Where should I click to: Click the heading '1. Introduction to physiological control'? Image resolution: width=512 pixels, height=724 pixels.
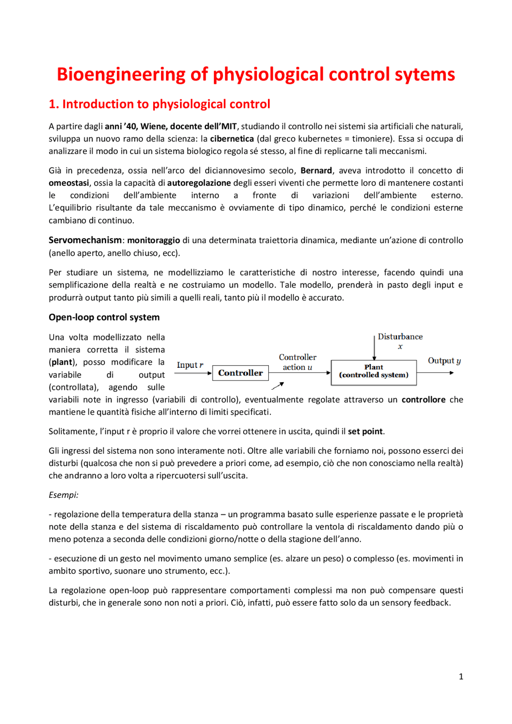(x=159, y=104)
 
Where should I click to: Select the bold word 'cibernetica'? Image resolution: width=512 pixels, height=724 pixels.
(x=232, y=139)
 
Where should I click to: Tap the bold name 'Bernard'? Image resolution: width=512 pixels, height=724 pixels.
(x=316, y=170)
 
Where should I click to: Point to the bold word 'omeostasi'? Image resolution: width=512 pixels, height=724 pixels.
(x=69, y=183)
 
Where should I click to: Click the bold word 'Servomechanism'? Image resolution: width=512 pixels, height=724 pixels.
(x=85, y=240)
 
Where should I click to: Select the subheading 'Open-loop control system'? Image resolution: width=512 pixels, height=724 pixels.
(x=104, y=317)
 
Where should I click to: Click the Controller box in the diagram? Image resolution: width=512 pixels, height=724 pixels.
(x=240, y=373)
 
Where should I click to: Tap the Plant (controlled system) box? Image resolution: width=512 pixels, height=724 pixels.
(x=374, y=372)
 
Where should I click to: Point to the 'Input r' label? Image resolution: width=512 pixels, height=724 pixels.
(x=190, y=365)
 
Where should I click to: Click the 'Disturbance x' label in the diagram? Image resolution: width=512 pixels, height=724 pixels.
(x=400, y=341)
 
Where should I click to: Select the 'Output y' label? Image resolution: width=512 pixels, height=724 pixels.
(x=444, y=361)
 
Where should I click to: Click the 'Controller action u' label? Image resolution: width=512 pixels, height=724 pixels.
(x=298, y=362)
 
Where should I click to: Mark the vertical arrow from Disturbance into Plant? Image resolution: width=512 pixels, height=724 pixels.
(x=374, y=348)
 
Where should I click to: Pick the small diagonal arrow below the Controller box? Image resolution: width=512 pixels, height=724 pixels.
(x=278, y=386)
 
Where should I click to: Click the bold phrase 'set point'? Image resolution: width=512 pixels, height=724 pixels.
(x=365, y=431)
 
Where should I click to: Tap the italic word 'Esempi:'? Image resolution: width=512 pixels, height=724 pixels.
(x=64, y=495)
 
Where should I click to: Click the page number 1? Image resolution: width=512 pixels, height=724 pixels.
(x=461, y=676)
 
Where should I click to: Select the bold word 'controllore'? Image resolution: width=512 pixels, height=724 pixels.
(x=423, y=399)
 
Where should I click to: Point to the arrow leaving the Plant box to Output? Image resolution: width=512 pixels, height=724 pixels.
(x=435, y=373)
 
